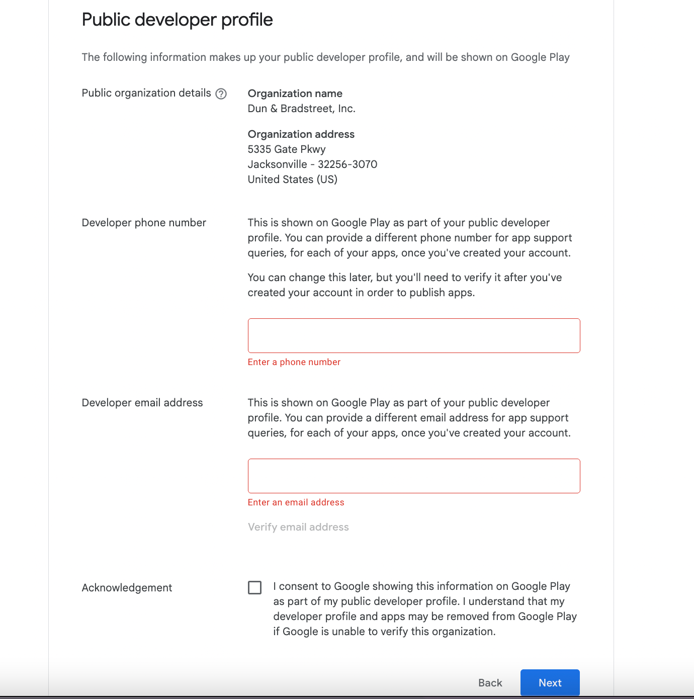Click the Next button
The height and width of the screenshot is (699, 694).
[550, 682]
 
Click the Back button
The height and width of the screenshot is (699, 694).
[490, 682]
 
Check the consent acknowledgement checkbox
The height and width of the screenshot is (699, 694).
[255, 587]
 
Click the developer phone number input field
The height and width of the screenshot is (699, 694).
[413, 335]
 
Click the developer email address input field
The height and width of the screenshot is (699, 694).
[413, 476]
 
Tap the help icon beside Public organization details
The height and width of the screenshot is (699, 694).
[221, 94]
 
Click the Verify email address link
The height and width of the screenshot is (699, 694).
[298, 527]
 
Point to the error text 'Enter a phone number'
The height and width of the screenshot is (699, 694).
[294, 362]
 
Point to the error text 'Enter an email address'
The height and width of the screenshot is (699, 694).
[296, 502]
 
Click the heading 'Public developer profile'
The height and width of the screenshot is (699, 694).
[177, 20]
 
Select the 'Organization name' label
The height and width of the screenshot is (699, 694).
[295, 94]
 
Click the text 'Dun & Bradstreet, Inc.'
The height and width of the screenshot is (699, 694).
[301, 109]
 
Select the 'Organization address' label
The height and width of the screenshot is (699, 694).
[301, 134]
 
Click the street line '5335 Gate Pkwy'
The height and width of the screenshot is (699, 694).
[287, 149]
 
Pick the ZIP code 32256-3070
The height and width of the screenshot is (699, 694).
[348, 164]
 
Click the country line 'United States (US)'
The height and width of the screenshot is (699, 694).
[292, 180]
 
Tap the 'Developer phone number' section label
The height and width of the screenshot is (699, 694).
[144, 223]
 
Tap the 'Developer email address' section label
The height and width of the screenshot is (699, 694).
[142, 403]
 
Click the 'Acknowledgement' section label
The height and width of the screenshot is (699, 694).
[127, 588]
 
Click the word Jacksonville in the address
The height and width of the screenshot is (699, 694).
[277, 164]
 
